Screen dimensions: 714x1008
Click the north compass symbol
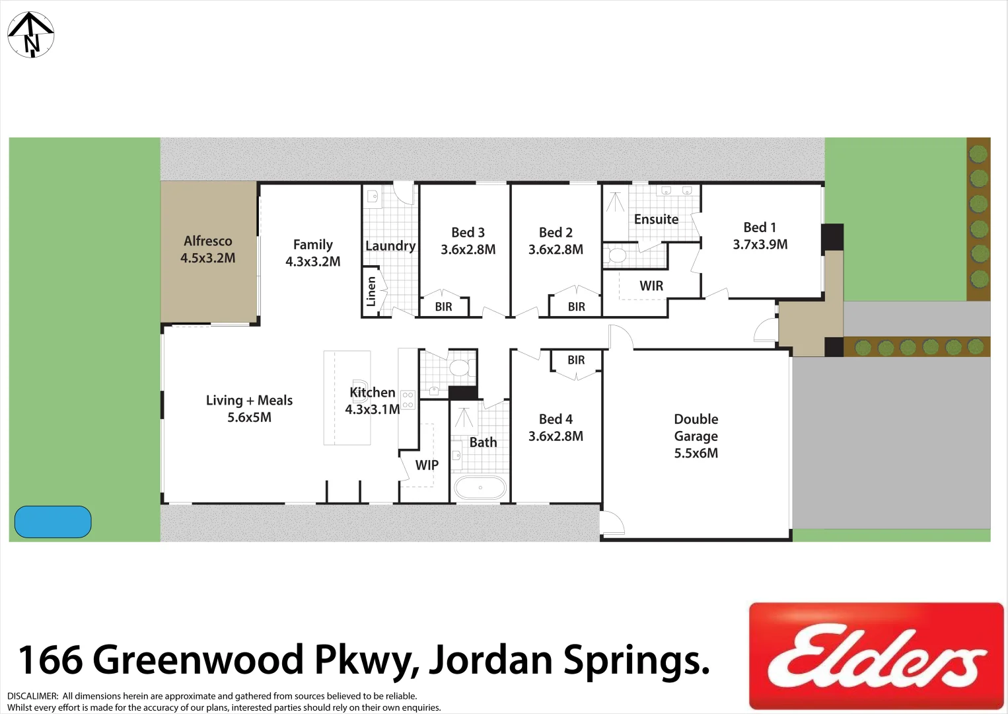click(x=30, y=34)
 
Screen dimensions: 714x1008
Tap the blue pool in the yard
click(x=53, y=522)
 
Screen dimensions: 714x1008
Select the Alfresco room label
click(x=208, y=241)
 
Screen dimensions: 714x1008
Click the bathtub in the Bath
click(x=480, y=489)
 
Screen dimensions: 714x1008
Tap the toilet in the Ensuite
click(x=617, y=255)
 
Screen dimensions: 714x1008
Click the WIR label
click(x=651, y=286)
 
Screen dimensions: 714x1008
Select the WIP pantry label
click(x=427, y=465)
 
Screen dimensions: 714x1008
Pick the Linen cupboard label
click(x=371, y=292)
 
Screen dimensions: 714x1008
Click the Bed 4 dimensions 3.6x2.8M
click(x=556, y=436)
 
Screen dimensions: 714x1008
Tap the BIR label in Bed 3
click(x=443, y=307)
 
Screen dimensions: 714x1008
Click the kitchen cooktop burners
click(x=408, y=399)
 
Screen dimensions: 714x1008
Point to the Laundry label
click(x=390, y=246)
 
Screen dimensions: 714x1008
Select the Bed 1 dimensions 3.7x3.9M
click(x=760, y=245)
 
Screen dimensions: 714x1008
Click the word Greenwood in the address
click(x=199, y=660)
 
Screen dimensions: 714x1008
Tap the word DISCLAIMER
click(x=32, y=696)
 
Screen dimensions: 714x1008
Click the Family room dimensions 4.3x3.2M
click(x=313, y=262)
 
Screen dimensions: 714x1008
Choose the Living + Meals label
click(x=249, y=401)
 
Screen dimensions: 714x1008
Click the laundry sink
click(x=373, y=196)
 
